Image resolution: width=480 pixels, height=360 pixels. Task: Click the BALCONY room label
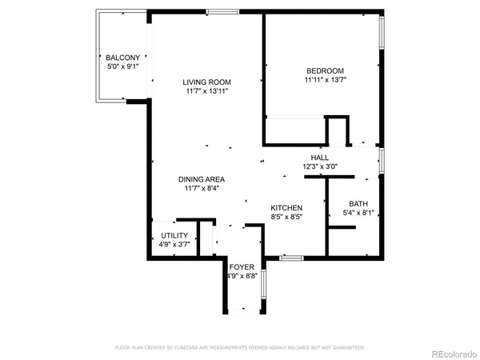(123, 58)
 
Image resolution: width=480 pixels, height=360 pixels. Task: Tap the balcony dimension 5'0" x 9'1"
(123, 67)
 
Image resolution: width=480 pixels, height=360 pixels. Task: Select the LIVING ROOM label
(206, 82)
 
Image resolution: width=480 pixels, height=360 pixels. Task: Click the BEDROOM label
(324, 70)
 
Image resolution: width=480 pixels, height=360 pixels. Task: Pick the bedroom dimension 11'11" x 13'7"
(324, 79)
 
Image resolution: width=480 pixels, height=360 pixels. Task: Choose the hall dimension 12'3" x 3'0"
(320, 167)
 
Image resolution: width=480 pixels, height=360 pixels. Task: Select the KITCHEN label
(286, 206)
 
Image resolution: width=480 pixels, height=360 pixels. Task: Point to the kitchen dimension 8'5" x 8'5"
(286, 216)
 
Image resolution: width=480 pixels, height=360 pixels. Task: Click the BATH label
(357, 203)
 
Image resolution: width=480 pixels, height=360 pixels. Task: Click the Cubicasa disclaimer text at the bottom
(240, 348)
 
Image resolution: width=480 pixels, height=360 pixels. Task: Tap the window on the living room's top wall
(222, 11)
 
